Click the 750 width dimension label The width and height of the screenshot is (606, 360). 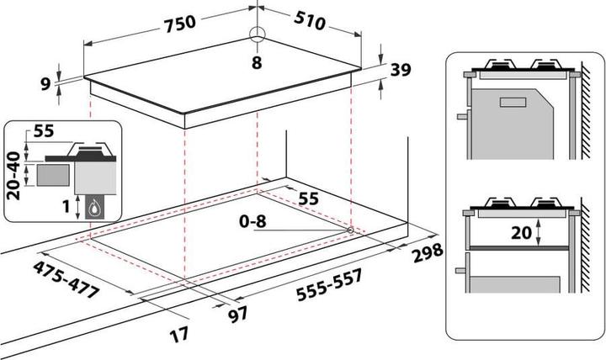coord(180,24)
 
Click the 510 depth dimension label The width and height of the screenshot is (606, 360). coord(310,20)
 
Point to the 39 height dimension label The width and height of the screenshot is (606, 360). coord(401,70)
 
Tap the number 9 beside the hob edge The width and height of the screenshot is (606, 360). coord(46,84)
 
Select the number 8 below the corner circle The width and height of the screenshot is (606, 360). coord(257,62)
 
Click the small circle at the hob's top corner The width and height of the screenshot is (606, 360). coord(257,34)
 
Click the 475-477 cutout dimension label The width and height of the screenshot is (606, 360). coord(66,279)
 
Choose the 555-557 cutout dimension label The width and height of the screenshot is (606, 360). coord(330,284)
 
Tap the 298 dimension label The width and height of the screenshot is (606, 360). coord(427,252)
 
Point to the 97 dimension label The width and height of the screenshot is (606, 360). coord(237,315)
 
